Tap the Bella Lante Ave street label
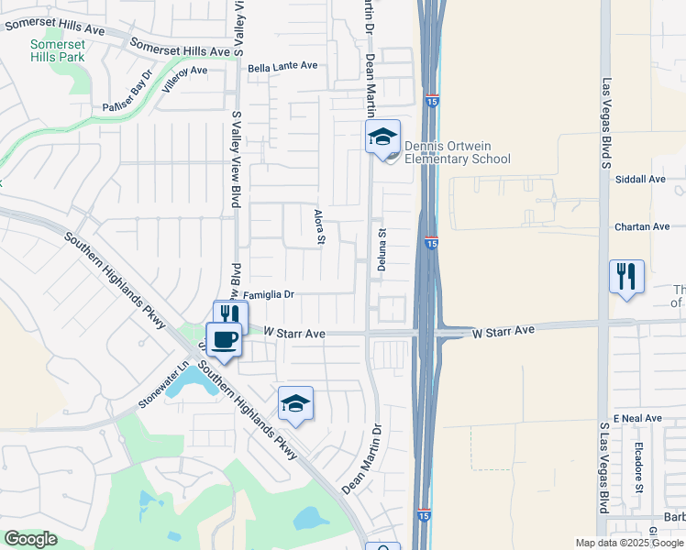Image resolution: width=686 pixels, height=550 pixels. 282,66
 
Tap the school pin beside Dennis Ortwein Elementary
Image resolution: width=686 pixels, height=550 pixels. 382,138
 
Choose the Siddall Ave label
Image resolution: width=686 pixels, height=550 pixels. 641,180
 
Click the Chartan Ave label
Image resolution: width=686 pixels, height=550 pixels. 642,226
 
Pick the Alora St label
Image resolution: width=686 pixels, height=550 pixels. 320,228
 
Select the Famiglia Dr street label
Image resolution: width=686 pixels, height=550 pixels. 268,295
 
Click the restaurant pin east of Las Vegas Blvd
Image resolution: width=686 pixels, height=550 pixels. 626,277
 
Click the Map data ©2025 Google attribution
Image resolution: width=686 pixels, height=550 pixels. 630,543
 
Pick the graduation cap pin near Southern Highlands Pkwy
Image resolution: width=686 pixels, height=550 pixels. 295,404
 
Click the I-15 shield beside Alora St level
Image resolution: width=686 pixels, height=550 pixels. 431,242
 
